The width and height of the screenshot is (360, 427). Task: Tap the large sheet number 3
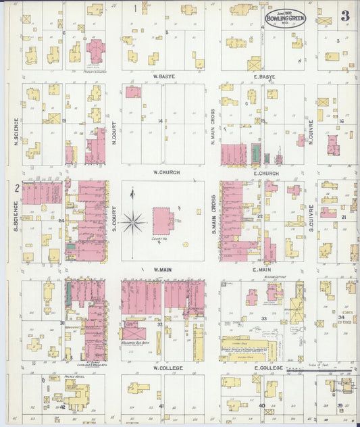click(x=344, y=15)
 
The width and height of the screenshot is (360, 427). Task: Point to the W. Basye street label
click(x=164, y=76)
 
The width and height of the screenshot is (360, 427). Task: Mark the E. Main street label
click(x=261, y=271)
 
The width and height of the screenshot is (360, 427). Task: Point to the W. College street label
click(x=164, y=368)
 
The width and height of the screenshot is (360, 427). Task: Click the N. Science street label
click(x=15, y=132)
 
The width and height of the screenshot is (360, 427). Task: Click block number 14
click(x=160, y=121)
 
